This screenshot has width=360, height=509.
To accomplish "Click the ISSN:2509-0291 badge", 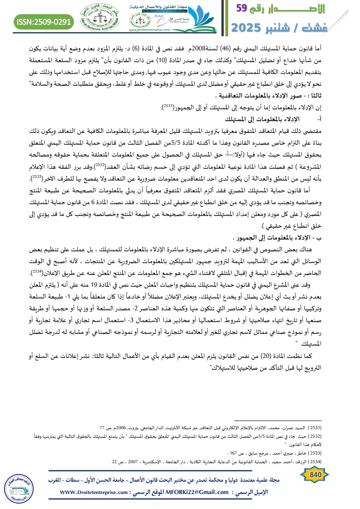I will coord(44,21).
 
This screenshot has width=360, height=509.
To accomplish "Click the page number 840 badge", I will coord(314,475).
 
